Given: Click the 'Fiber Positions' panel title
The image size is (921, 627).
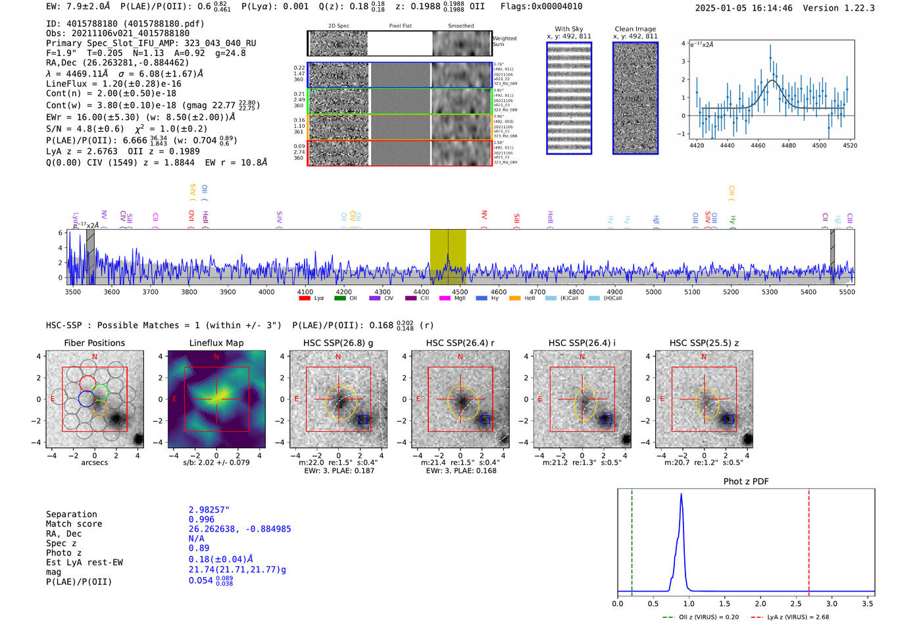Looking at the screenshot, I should point(94,343).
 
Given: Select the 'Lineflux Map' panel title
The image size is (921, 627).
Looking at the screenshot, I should point(216,343).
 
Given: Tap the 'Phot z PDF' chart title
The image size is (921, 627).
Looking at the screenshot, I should point(746,481).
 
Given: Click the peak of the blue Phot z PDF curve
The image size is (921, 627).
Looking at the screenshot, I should point(681,495).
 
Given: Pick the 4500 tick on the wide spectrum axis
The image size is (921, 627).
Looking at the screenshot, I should point(460,291).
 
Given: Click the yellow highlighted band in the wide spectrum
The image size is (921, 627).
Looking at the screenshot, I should point(448,257).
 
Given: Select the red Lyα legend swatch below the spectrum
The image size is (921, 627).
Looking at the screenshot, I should point(304,298).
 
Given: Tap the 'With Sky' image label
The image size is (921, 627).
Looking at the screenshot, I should point(569,29).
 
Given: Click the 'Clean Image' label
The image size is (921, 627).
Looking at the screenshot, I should point(635,29).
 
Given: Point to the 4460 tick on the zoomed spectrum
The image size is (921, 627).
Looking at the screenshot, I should point(758,145).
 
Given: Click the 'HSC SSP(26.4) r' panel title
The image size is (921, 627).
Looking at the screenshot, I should point(460,343).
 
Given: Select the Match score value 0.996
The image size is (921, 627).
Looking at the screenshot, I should point(201,519).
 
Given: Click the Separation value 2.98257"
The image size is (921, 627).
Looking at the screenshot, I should point(209,510).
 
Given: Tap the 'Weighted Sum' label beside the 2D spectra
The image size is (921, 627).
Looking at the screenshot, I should point(504,41).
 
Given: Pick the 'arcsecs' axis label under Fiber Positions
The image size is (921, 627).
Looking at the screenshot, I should point(94,463).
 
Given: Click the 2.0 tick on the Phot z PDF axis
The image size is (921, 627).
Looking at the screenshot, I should point(760,603).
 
